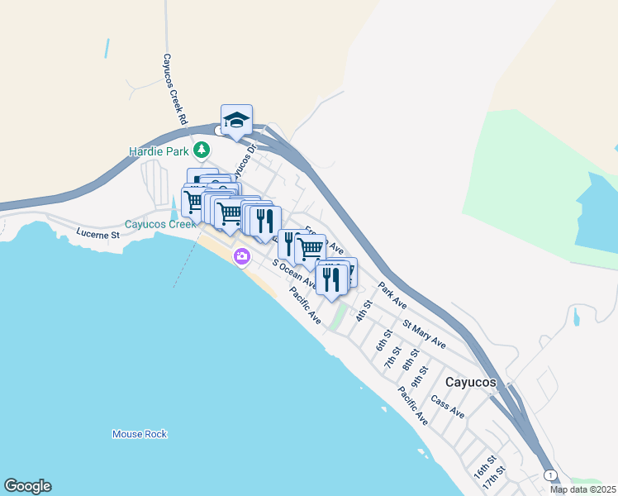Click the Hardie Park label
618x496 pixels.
point(159,151)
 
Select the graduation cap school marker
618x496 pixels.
point(236,121)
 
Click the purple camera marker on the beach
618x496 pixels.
point(241,256)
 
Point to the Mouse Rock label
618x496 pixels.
point(140,434)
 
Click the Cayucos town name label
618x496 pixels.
point(470,383)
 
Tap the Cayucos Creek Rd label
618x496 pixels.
point(173,91)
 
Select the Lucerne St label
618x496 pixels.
point(98,235)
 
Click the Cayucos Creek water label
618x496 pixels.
point(160,224)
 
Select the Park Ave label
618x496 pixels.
point(392,295)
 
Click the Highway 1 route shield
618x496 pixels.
point(549,475)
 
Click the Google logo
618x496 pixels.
point(27,486)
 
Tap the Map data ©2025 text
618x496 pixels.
point(583,489)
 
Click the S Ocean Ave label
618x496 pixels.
point(294,275)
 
